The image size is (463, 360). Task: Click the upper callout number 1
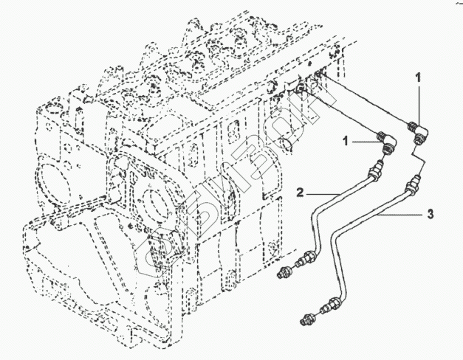click(x=418, y=76)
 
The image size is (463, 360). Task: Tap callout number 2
click(x=301, y=193)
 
